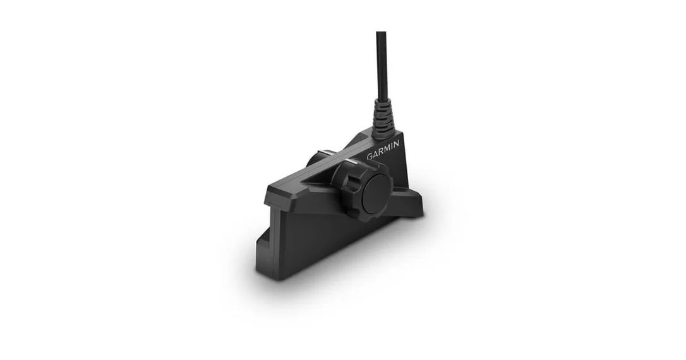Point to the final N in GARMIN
coord(396,145)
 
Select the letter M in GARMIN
coord(387,148)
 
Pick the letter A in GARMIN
coord(376,153)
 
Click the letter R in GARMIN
coord(381,152)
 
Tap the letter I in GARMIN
coord(391,147)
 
